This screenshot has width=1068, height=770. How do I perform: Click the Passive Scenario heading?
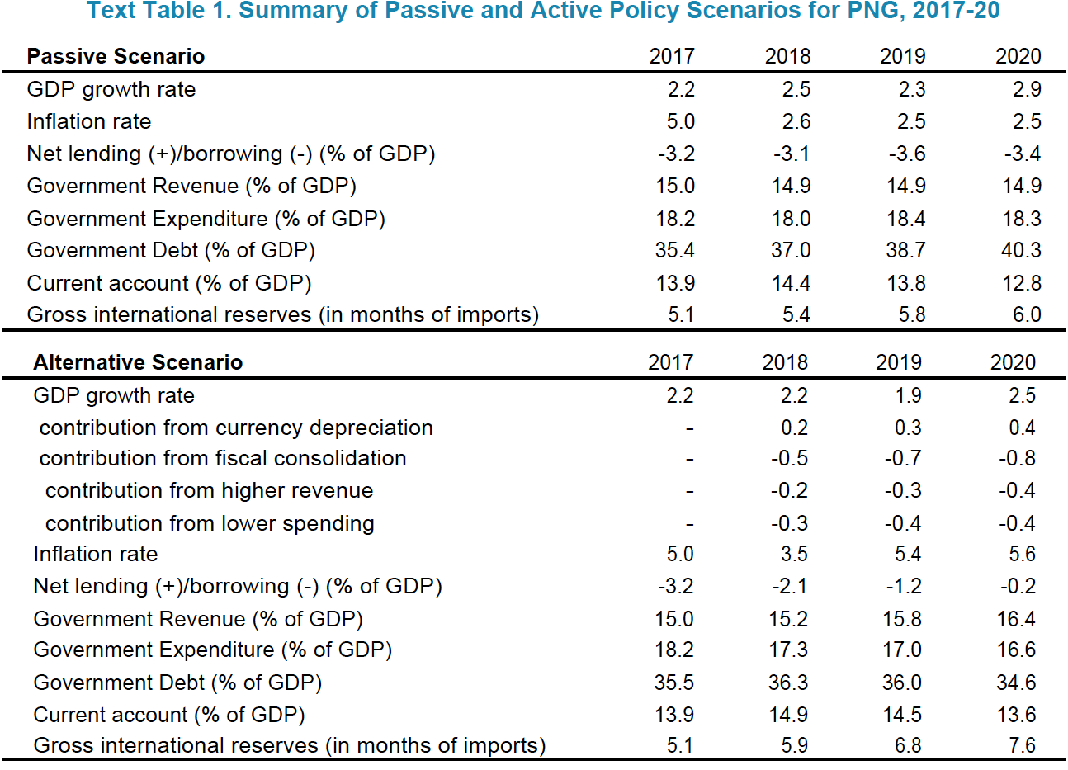[116, 56]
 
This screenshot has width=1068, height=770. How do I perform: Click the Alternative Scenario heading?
[138, 362]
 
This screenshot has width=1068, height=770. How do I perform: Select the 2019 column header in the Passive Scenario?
[903, 56]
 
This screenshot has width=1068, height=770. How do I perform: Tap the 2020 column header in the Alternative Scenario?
[1014, 362]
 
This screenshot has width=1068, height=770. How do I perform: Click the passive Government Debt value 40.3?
[1021, 250]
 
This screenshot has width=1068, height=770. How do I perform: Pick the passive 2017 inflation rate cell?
[680, 121]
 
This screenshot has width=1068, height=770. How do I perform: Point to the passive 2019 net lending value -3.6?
[907, 154]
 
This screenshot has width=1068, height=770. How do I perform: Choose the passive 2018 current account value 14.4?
[791, 283]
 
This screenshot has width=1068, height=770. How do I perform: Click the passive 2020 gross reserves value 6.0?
[1027, 314]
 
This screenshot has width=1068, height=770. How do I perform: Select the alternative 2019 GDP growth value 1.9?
[908, 395]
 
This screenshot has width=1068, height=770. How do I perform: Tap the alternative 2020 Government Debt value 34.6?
[1016, 683]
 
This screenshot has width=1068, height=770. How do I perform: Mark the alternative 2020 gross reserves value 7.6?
[1023, 745]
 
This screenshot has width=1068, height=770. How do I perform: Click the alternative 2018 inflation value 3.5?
[794, 554]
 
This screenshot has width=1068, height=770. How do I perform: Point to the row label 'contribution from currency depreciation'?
[236, 428]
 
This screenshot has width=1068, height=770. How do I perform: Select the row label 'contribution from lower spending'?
[210, 523]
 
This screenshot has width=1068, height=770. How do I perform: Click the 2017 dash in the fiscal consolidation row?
[689, 460]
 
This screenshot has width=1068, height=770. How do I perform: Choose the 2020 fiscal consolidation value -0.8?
[1018, 459]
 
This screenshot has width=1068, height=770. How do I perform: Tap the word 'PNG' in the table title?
[876, 11]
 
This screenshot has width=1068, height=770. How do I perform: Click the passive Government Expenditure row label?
[206, 219]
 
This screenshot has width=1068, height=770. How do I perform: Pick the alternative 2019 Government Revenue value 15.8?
[902, 619]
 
